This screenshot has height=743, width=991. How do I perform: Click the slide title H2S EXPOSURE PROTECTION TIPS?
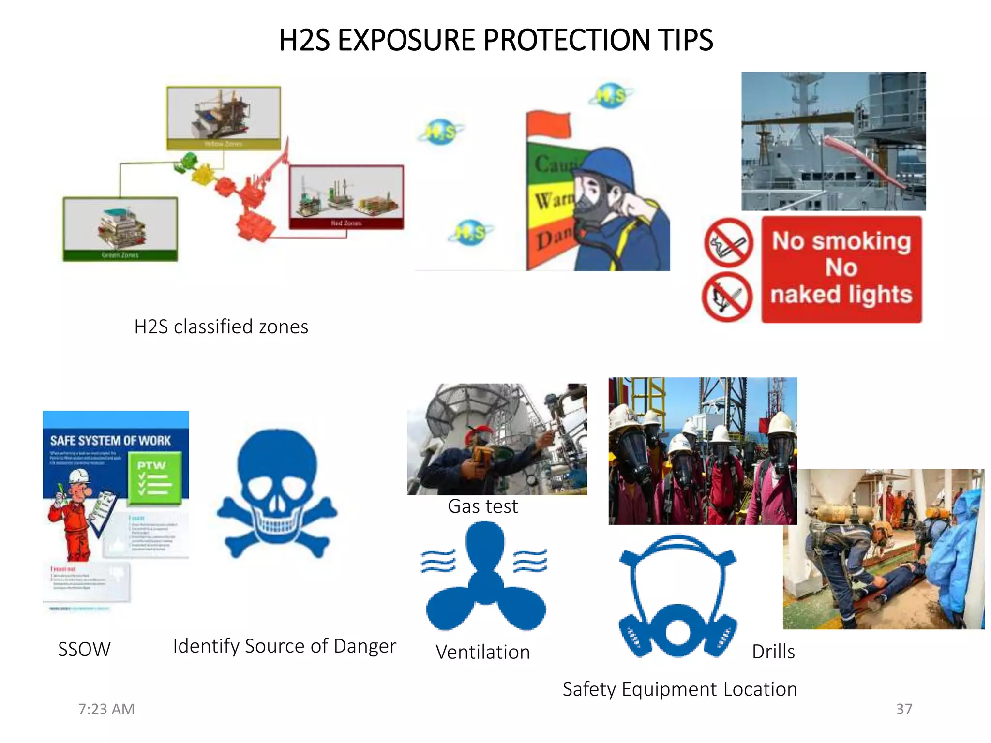495,40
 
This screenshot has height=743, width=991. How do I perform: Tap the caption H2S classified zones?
221,327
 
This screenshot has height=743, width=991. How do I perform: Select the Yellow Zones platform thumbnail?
224,118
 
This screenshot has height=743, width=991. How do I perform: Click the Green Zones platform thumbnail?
120,229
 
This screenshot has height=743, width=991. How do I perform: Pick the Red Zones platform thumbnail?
346,196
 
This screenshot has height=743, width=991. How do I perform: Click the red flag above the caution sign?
548,125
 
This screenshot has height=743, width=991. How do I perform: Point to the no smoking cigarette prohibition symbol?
728,242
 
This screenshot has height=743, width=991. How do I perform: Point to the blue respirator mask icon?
677,597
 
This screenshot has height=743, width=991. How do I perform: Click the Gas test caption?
482,506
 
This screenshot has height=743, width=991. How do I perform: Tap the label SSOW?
84,649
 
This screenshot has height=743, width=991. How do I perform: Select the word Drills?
773,652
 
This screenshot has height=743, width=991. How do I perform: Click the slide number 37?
904,709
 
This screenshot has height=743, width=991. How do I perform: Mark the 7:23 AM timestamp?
106,709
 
